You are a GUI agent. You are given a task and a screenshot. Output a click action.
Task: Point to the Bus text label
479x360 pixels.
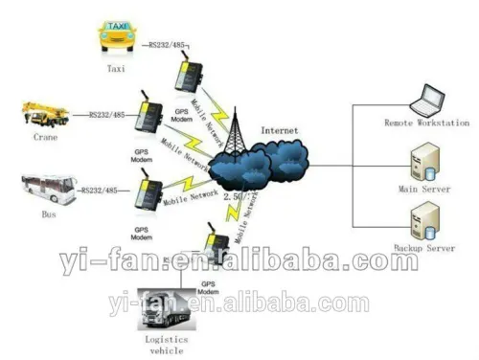pos(48,214)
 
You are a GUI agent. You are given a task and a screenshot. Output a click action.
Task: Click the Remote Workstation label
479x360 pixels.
pos(426,124)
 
